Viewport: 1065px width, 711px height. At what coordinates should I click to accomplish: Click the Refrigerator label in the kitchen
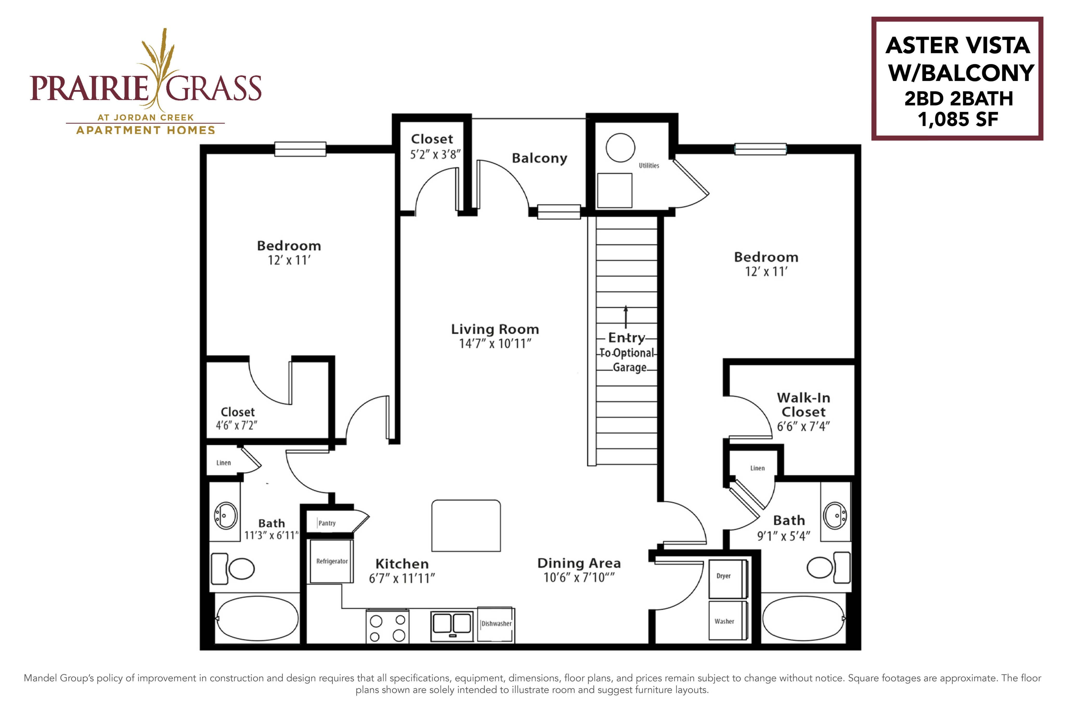click(332, 561)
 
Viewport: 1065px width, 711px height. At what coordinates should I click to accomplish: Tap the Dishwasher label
click(496, 623)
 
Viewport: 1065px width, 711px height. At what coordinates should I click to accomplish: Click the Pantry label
click(327, 523)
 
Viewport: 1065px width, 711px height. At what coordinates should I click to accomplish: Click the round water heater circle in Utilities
click(620, 148)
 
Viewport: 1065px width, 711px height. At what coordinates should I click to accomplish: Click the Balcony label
click(540, 158)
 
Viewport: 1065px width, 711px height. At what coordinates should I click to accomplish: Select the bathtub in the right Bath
click(803, 618)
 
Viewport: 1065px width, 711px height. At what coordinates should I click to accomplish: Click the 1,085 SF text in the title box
click(958, 120)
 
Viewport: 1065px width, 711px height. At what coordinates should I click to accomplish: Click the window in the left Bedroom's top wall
click(300, 149)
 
